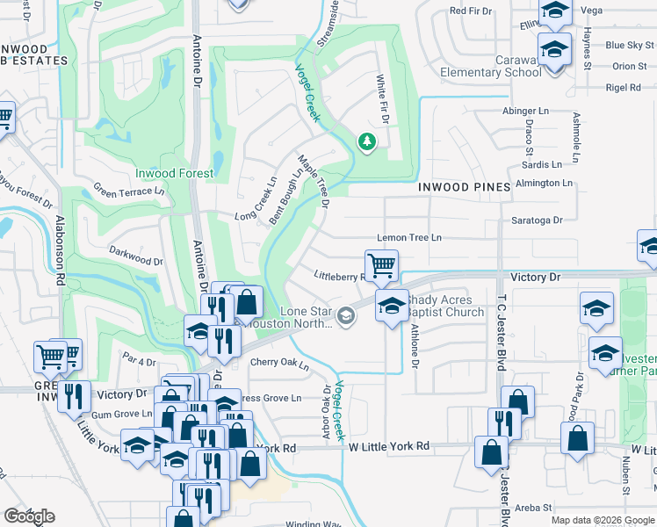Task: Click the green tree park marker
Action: tap(366, 141)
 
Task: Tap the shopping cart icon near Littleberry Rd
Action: tap(381, 264)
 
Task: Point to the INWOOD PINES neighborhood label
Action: tap(464, 187)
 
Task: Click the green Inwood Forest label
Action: tap(174, 173)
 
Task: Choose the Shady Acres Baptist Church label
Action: tap(444, 306)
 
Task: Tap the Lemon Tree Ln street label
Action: tap(408, 238)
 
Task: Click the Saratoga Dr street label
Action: tap(538, 220)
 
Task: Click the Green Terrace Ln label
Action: tap(129, 191)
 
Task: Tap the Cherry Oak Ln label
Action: tap(280, 364)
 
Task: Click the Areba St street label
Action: tap(533, 508)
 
